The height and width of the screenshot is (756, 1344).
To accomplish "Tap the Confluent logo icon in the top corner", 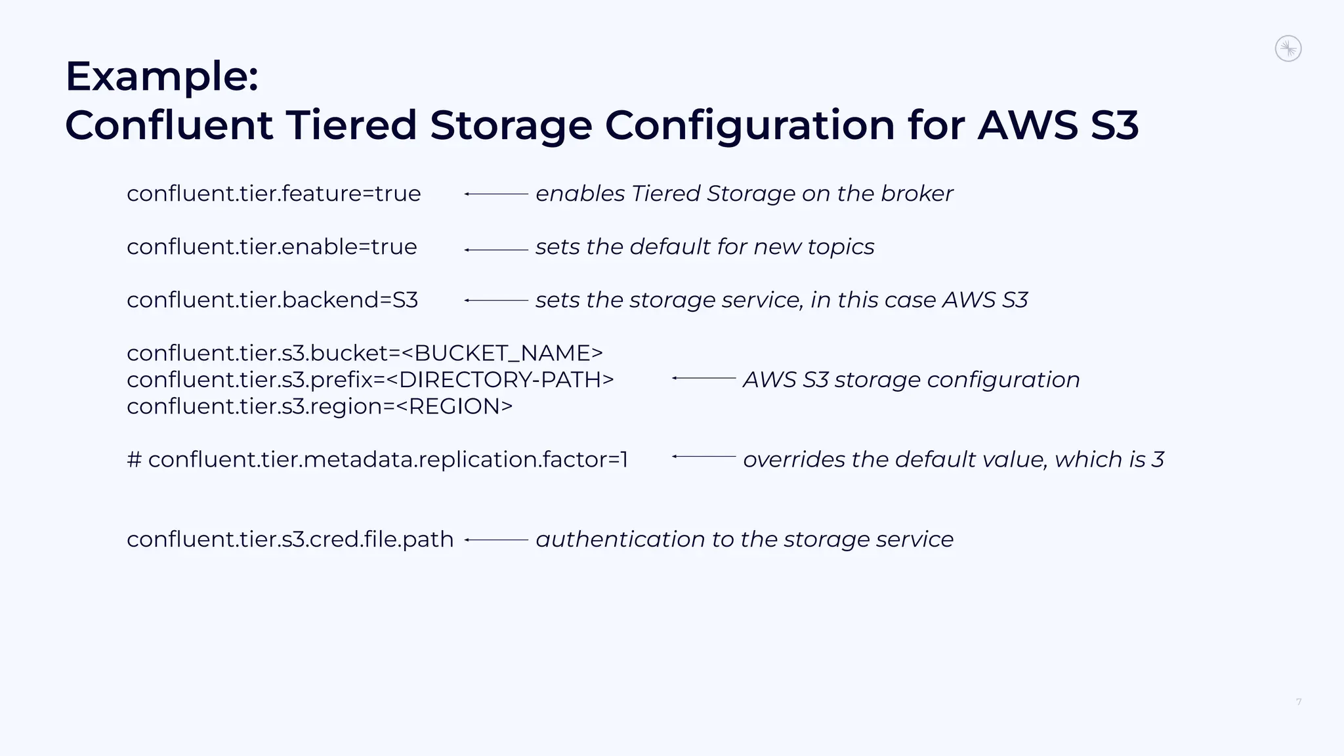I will tap(1288, 49).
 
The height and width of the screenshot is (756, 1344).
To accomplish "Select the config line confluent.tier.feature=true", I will tap(274, 194).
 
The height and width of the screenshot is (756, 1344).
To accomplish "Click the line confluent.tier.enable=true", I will tap(272, 247).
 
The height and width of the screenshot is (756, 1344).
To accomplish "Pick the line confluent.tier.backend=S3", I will tap(272, 300).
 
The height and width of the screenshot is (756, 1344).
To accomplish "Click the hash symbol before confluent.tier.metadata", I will tap(134, 459).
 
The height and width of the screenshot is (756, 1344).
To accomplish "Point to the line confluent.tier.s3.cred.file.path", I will tap(290, 539).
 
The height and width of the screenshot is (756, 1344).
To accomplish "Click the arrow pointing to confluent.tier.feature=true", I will tap(496, 194).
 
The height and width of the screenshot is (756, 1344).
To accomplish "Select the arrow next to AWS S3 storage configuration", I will tap(703, 379).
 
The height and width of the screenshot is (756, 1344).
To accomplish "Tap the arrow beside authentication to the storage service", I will tap(496, 540).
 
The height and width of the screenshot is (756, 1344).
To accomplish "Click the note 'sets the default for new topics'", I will tap(705, 247).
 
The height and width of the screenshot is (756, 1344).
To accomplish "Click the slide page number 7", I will tap(1299, 702).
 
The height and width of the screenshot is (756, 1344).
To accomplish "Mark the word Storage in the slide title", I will tap(511, 125).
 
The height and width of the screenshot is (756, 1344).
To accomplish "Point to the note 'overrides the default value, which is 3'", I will tap(953, 459).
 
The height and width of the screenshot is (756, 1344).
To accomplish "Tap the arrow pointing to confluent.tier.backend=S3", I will tap(496, 301).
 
